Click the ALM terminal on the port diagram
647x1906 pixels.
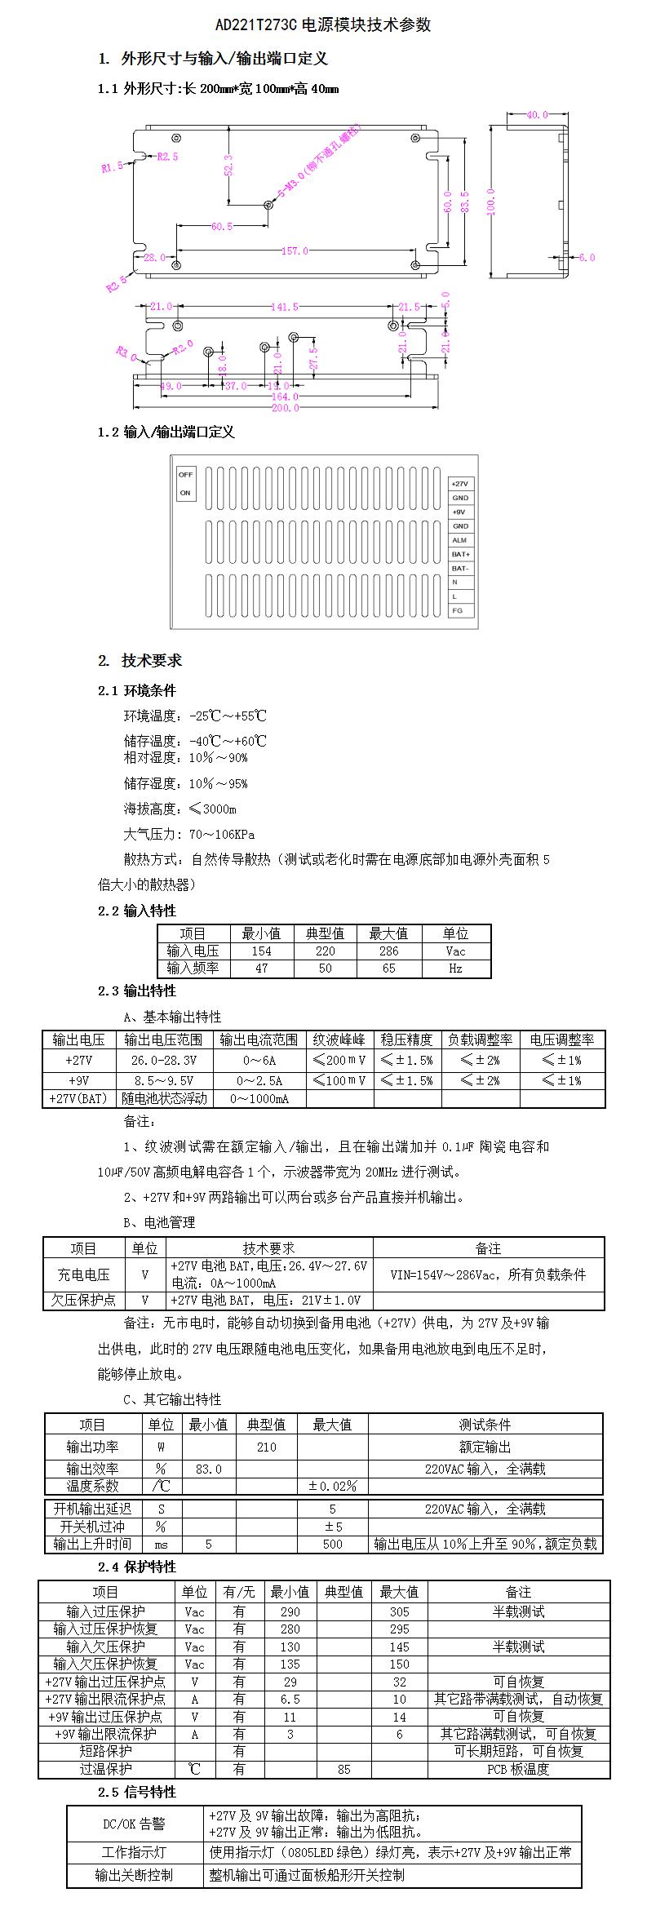click(x=459, y=540)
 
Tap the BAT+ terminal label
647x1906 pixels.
click(x=461, y=554)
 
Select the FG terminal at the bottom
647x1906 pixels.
click(x=458, y=610)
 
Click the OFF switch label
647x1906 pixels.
click(x=185, y=474)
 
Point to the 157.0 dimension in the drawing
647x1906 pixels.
click(x=295, y=251)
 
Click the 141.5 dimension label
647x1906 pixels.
click(x=284, y=307)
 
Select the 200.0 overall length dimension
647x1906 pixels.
click(x=285, y=408)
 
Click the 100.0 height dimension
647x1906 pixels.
click(x=491, y=201)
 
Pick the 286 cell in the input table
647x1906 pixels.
click(x=389, y=951)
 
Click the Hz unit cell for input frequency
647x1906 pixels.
click(x=455, y=969)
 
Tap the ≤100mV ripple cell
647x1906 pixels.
click(x=339, y=1080)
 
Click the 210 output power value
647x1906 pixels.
click(x=267, y=1447)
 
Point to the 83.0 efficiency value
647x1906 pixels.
click(x=208, y=1469)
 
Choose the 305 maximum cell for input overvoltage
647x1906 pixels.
click(x=399, y=1611)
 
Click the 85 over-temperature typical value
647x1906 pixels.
click(x=343, y=1769)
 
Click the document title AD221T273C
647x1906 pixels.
click(x=256, y=25)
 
